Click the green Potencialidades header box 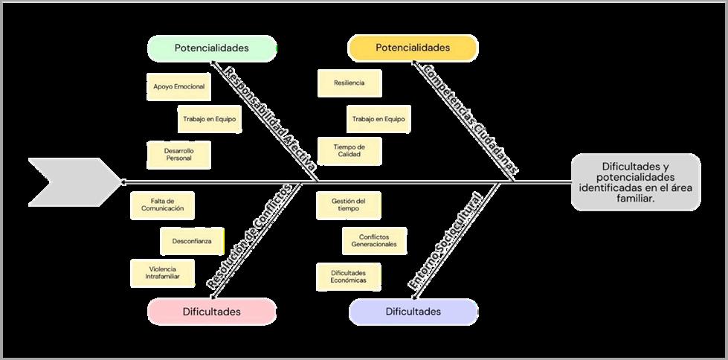point(212,48)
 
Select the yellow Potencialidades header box point(413,48)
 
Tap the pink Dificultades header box point(212,312)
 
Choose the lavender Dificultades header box point(413,312)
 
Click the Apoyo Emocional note point(178,87)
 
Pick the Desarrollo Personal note point(178,154)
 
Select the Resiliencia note point(349,83)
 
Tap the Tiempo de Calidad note point(349,151)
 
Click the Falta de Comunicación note point(162,205)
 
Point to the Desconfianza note point(192,241)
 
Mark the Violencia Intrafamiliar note point(162,272)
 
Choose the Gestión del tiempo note point(349,205)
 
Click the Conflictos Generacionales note point(374,240)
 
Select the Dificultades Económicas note point(349,277)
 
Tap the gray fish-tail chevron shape point(71,181)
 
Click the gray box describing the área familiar point(635,182)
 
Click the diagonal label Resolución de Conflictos point(248,237)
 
